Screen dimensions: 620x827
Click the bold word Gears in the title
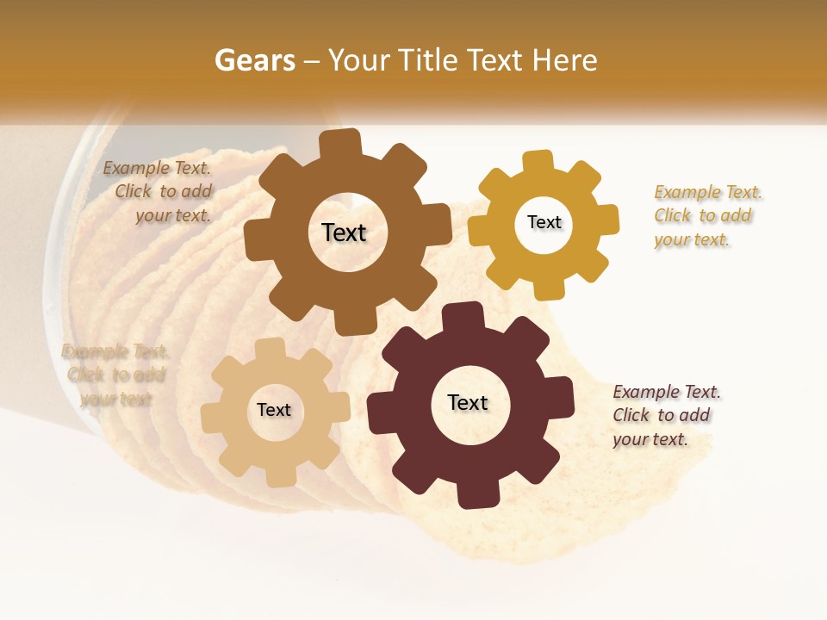coord(254,60)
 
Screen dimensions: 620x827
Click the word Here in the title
coord(565,60)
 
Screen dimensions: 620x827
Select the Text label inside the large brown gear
coord(344,232)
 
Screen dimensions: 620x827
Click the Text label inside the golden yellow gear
coord(544,222)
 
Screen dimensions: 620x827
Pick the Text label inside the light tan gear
coord(274,410)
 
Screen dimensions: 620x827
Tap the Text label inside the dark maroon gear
coord(468,402)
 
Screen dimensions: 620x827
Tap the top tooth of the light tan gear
coord(269,350)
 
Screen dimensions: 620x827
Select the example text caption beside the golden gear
coord(708,215)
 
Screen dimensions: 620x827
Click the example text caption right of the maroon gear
coord(667,415)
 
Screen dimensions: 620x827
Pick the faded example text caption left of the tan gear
coord(115,375)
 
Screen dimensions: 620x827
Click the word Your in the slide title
coord(354,60)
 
